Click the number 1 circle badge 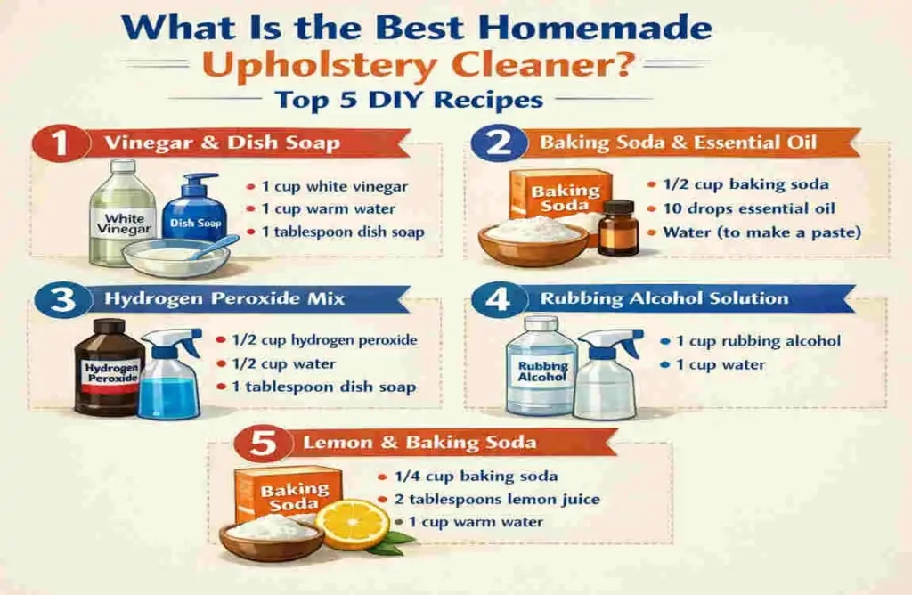pos(61,144)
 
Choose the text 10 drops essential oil pos(749,208)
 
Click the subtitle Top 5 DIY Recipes pos(409,100)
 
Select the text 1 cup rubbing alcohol pos(757,341)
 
